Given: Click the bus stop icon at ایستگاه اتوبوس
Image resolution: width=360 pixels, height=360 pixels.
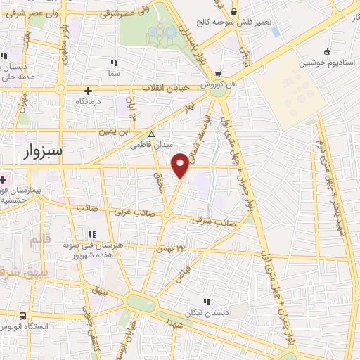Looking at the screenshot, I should point(23,316).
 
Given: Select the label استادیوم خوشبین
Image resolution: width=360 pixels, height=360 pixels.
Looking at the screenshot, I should point(326,62).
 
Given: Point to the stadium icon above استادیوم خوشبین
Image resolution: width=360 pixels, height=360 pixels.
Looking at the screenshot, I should point(326,51).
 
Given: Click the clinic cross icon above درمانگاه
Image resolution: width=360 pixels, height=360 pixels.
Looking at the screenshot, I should point(88,91).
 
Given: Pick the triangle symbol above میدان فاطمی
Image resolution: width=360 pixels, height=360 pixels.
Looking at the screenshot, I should point(150,135).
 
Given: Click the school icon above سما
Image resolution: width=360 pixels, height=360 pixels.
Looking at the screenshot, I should point(114,62).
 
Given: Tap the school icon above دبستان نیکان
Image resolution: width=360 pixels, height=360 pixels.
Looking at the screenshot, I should point(206,302).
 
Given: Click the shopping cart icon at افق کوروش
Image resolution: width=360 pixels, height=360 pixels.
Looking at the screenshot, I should point(218,74).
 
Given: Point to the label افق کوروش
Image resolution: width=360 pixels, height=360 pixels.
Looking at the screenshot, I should point(213,84).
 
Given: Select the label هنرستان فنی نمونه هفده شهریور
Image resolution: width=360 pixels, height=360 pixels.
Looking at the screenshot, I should point(103,250).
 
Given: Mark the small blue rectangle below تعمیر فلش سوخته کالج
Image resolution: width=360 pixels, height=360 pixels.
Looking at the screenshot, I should point(274,32).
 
